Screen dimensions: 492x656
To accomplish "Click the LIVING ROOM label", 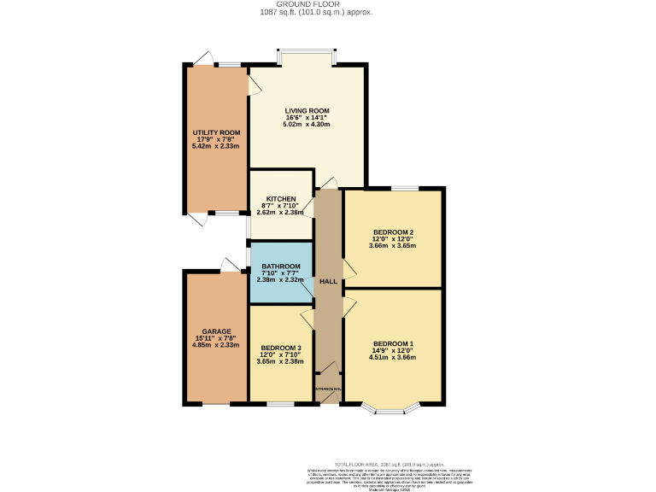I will (x=307, y=111).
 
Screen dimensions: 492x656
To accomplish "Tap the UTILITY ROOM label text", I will (x=216, y=132).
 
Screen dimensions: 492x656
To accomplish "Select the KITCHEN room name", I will (x=280, y=199).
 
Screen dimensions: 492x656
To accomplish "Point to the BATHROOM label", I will (x=280, y=266).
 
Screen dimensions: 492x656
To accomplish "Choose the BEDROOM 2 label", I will (x=393, y=231).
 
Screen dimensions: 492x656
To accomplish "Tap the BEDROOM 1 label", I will (x=393, y=343).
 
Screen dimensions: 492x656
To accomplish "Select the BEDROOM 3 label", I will (x=280, y=348).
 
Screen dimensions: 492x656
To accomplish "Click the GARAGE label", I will (x=216, y=331).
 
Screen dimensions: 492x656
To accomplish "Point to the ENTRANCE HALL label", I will (x=328, y=389).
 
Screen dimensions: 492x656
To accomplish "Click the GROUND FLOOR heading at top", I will (x=328, y=4).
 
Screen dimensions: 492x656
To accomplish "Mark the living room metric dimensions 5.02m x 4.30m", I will (x=307, y=125).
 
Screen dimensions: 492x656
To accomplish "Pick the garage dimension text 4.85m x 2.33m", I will (x=216, y=345).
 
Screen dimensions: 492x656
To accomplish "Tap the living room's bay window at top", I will (x=307, y=55).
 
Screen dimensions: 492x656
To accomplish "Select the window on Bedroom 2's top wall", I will (x=405, y=188).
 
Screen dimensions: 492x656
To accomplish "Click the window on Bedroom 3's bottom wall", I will (x=279, y=402).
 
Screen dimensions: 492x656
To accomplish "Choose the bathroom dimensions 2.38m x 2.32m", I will (x=280, y=279).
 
